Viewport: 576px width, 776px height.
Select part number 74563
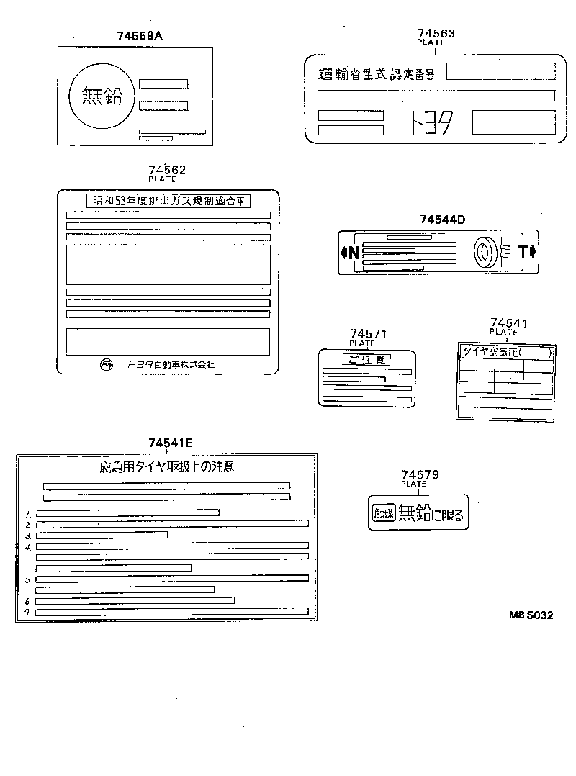tap(436, 33)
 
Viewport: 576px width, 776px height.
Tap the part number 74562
tap(167, 170)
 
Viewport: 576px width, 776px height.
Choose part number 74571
tap(368, 334)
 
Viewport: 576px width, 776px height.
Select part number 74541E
tap(171, 443)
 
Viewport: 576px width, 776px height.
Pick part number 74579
tap(420, 475)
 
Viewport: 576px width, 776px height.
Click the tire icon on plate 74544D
tap(484, 251)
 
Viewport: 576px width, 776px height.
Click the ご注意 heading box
tap(367, 359)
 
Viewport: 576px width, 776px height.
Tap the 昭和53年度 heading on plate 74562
tap(167, 202)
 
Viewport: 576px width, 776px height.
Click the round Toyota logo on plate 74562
tap(107, 364)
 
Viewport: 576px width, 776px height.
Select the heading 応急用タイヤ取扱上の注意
tap(166, 467)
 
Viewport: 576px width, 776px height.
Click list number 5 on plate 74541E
tap(27, 579)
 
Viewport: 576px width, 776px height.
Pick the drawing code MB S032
tap(531, 615)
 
